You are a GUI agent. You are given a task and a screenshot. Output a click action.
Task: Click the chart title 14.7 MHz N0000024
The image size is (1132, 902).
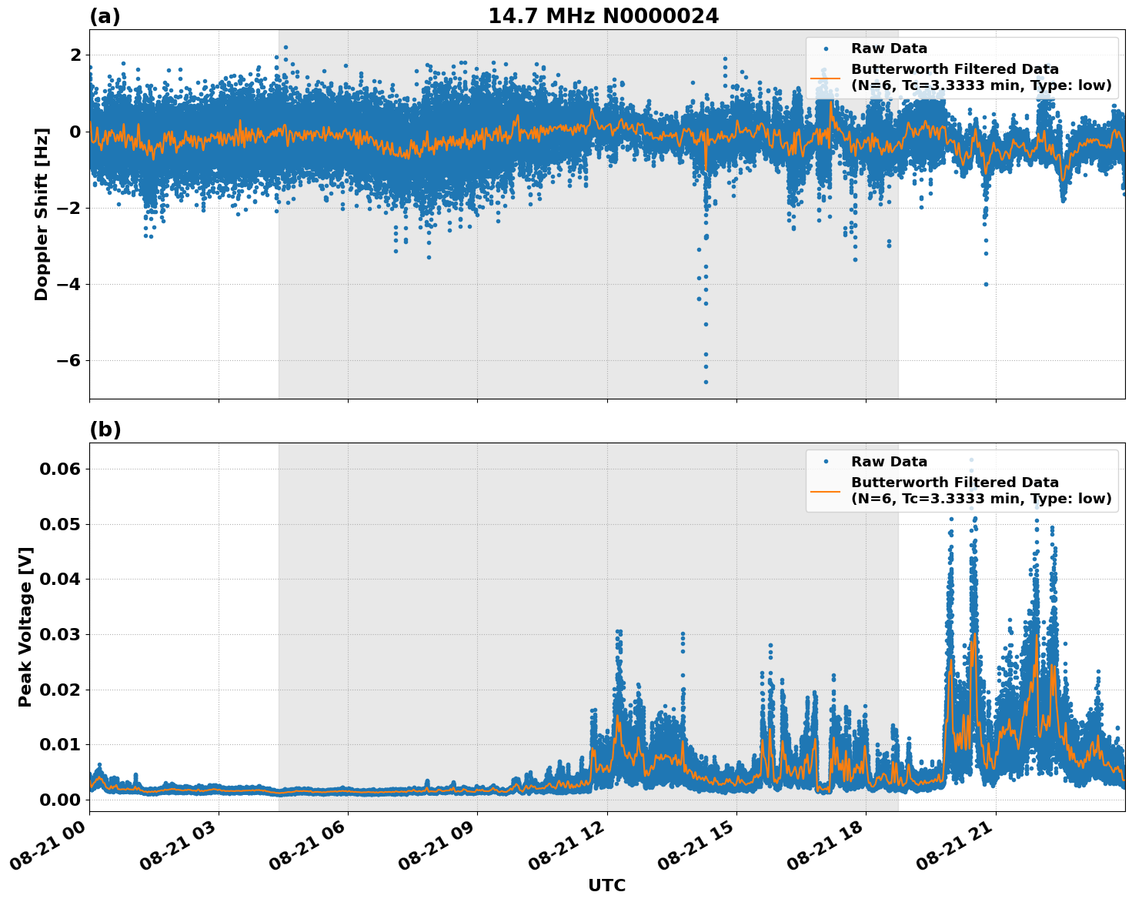[x=603, y=16]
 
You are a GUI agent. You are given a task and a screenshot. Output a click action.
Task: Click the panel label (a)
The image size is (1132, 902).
[x=105, y=16]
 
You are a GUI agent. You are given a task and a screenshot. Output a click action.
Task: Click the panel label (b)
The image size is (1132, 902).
[x=105, y=429]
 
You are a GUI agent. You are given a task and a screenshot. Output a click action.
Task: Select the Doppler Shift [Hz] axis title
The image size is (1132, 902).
[x=42, y=214]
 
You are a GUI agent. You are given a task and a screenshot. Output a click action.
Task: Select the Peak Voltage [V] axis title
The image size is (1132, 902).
[x=26, y=627]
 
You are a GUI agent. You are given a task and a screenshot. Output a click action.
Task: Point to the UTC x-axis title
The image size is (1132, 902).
[x=606, y=885]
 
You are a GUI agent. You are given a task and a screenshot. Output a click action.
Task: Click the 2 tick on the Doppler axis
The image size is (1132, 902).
[x=75, y=55]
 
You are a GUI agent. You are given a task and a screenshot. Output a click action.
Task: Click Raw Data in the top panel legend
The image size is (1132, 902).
[x=889, y=48]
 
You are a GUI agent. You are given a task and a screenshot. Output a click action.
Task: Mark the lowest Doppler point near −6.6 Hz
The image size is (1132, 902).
[x=706, y=382]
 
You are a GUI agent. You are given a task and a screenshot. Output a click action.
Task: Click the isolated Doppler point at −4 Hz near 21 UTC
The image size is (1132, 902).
[x=986, y=284]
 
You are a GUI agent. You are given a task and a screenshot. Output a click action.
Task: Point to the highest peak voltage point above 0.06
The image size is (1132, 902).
[x=971, y=460]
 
